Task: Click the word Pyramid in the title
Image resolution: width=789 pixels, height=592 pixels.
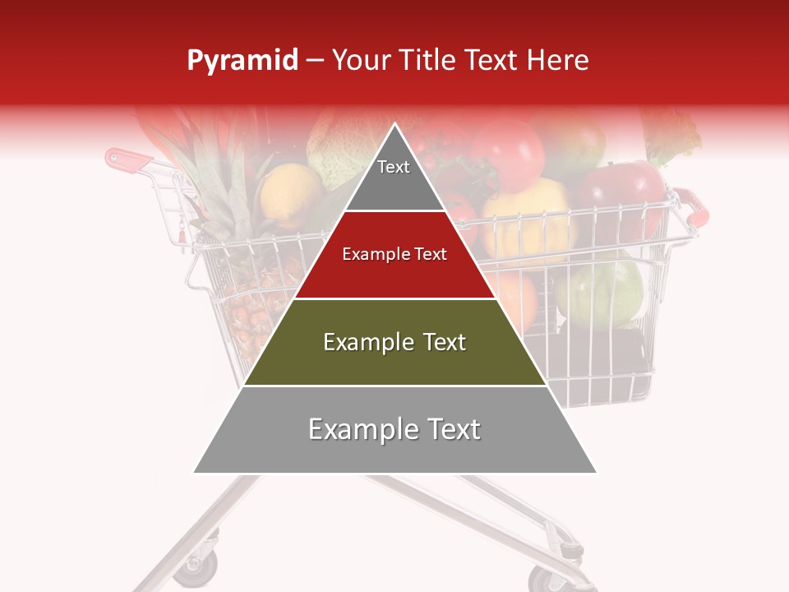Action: tap(242, 61)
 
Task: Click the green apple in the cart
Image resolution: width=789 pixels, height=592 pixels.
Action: tap(600, 292)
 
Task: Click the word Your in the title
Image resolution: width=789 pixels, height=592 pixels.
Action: tap(359, 60)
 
